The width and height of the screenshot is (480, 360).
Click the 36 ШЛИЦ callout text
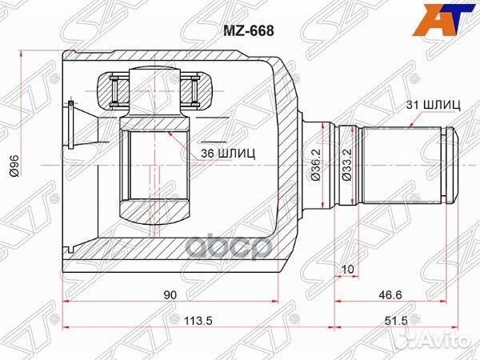coord(229,153)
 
